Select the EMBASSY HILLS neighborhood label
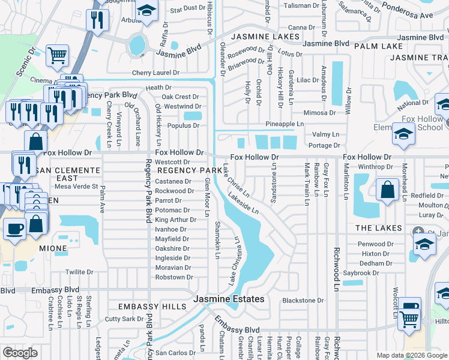pos(152,307)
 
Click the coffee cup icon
pos(14,228)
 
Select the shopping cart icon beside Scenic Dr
pos(58,56)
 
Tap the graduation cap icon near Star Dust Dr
pos(146,11)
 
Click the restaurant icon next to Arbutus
pos(96,20)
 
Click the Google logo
pos(20,353)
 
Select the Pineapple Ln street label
pos(285,124)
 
